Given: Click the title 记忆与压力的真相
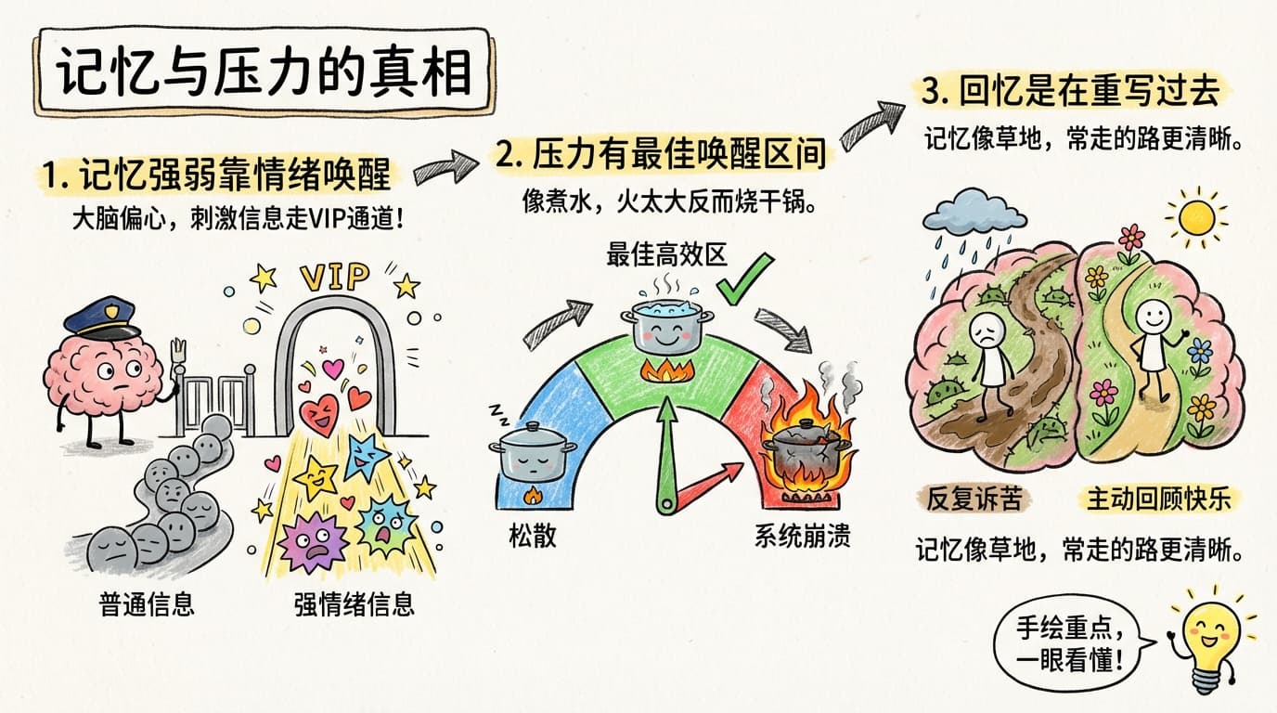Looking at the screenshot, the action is click(264, 72).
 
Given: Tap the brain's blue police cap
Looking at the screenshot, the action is click(101, 317).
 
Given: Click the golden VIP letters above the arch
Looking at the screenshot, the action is click(335, 278).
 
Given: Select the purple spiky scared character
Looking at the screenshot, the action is click(314, 541).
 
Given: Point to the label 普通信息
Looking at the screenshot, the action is click(147, 604).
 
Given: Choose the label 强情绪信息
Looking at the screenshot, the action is click(354, 604).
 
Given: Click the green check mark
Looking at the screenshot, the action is click(744, 279).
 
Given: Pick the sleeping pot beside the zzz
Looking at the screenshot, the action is click(532, 450).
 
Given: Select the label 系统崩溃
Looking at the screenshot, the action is click(802, 537).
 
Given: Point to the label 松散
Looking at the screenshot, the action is click(533, 537).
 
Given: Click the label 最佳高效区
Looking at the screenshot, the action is click(666, 254).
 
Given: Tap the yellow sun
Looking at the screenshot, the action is click(1196, 217).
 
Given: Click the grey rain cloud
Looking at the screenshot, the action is click(974, 212).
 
